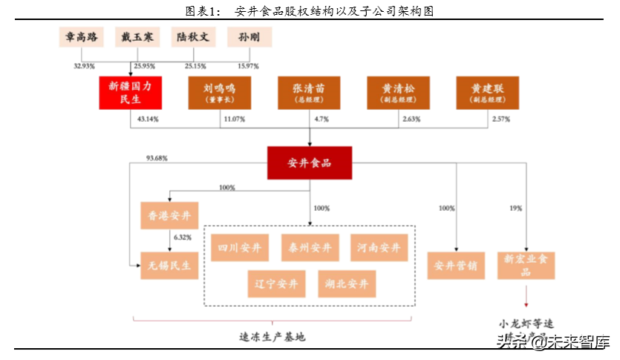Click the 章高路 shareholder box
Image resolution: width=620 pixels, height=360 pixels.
click(83, 37)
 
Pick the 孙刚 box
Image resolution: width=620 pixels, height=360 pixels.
click(249, 37)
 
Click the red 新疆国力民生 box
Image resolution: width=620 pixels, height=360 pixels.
click(130, 93)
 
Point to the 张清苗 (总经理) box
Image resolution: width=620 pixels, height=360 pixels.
click(308, 93)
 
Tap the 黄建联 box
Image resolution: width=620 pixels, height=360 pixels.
click(488, 93)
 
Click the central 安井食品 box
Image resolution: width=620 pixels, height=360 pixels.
click(310, 163)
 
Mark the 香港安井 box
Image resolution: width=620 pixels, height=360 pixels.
click(170, 215)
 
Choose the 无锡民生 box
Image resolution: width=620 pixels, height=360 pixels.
click(170, 265)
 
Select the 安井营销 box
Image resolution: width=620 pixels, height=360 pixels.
click(454, 266)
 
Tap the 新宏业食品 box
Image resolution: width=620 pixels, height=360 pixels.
click(526, 265)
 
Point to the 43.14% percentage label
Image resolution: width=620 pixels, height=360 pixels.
click(149, 119)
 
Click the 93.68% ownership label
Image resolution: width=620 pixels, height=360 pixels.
click(157, 158)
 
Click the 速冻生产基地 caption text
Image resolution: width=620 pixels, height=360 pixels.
click(272, 336)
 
